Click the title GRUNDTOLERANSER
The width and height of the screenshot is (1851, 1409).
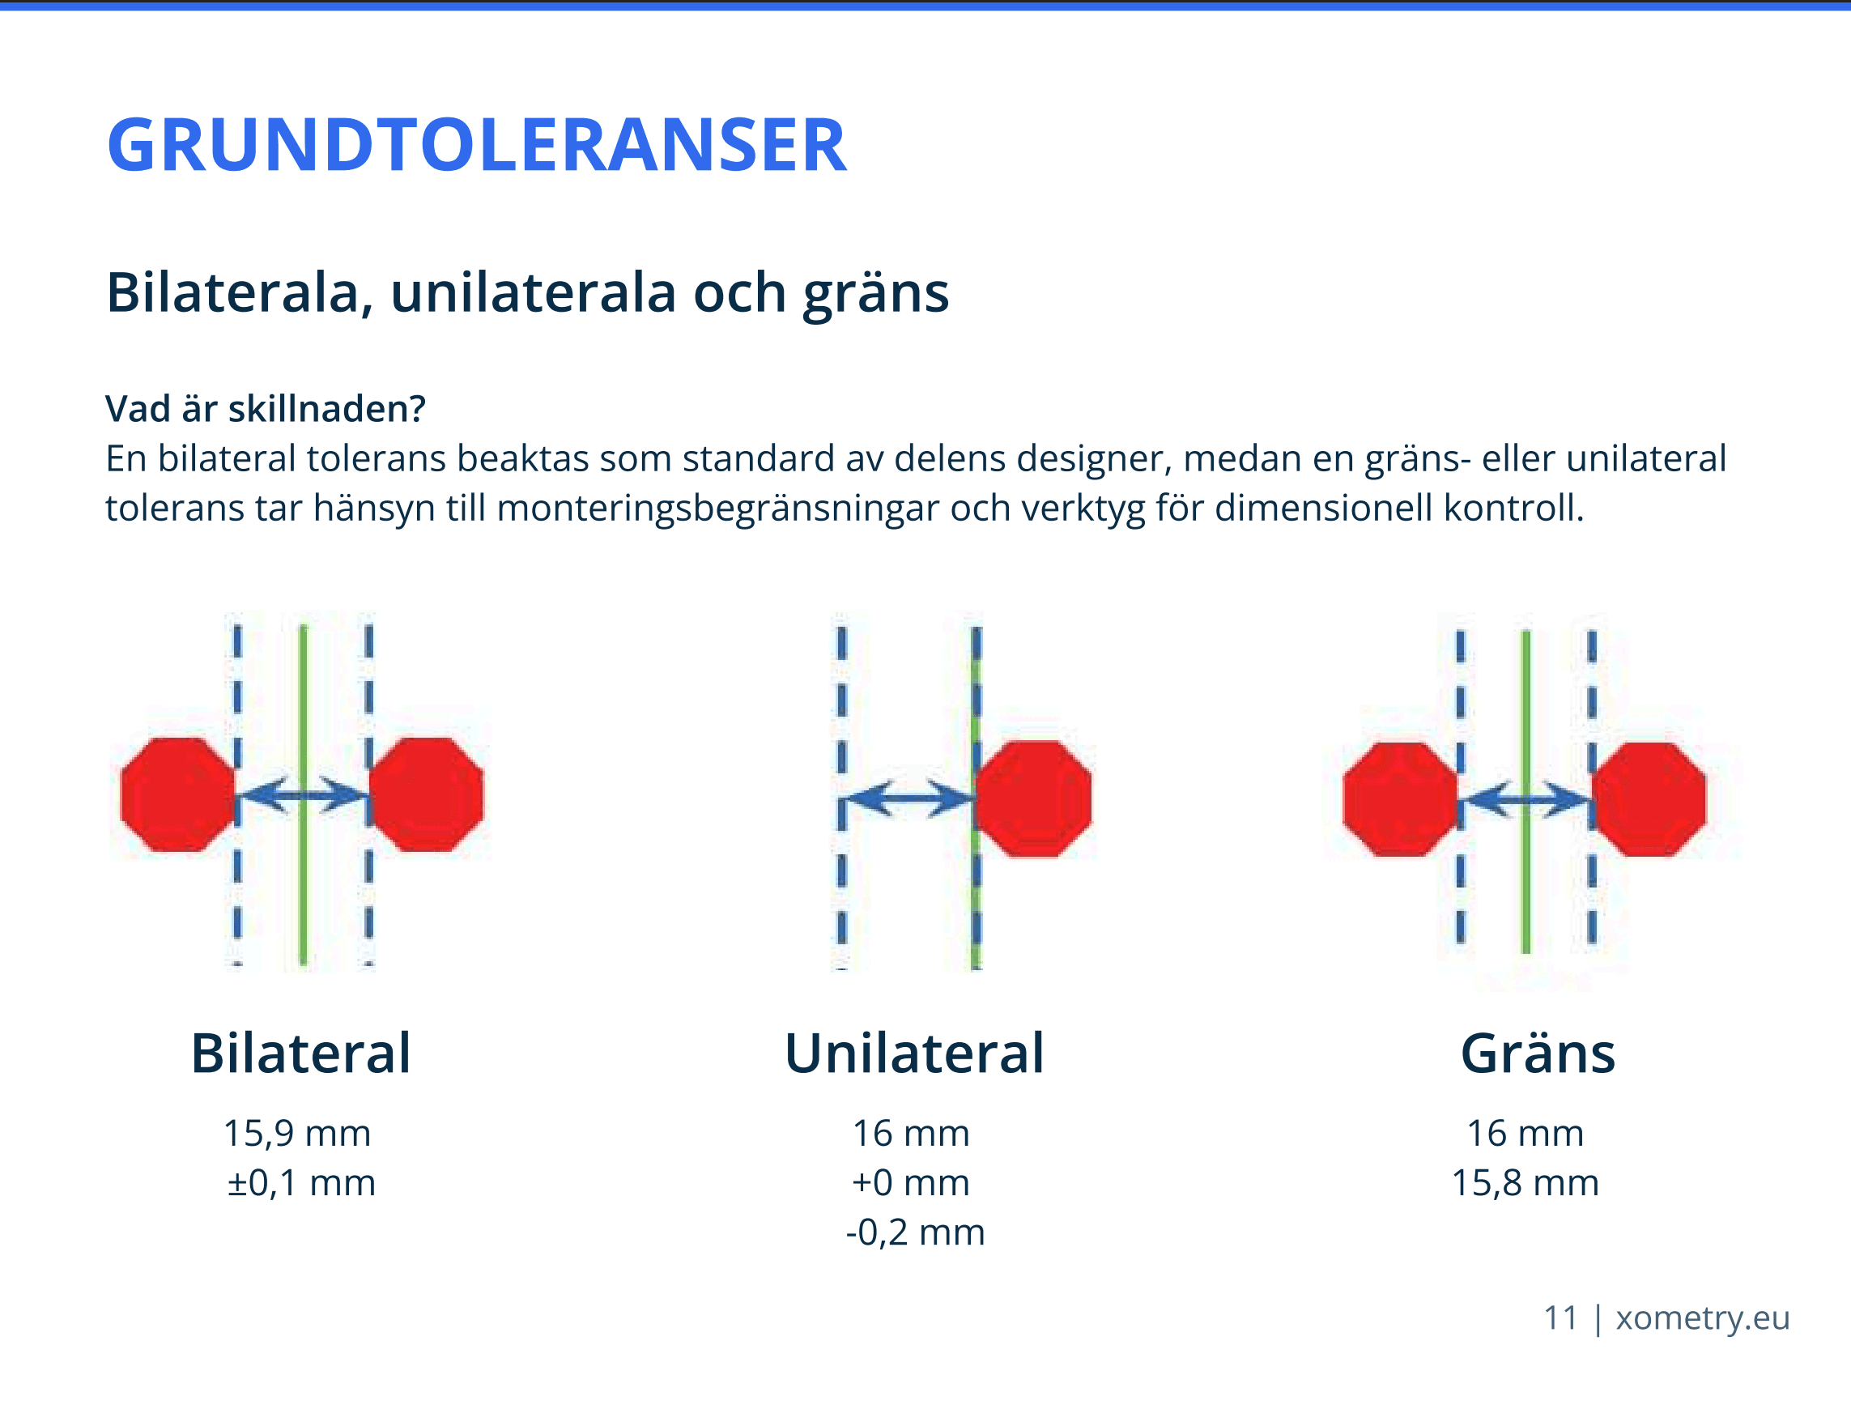pyautogui.click(x=476, y=145)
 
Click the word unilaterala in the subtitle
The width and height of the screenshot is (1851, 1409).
pyautogui.click(x=534, y=292)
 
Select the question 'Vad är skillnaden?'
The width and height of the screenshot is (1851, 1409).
pyautogui.click(x=266, y=409)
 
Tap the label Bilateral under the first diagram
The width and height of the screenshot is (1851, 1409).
pyautogui.click(x=301, y=1053)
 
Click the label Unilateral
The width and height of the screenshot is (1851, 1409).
pyautogui.click(x=914, y=1053)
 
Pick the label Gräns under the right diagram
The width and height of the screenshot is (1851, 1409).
pyautogui.click(x=1538, y=1053)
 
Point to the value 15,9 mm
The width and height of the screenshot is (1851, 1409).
pyautogui.click(x=297, y=1133)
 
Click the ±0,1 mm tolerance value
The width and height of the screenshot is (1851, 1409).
pyautogui.click(x=301, y=1182)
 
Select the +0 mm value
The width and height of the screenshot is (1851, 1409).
pyautogui.click(x=911, y=1182)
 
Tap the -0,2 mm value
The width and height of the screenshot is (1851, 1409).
pyautogui.click(x=915, y=1232)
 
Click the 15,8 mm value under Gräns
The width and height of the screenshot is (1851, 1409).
pyautogui.click(x=1525, y=1182)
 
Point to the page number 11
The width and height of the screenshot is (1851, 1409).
pyautogui.click(x=1561, y=1317)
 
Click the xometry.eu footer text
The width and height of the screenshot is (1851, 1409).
pyautogui.click(x=1703, y=1318)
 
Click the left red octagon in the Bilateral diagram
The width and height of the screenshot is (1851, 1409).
pyautogui.click(x=178, y=795)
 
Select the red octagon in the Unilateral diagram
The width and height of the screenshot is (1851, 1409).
pyautogui.click(x=1033, y=799)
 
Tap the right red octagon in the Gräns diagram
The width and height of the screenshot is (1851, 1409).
pyautogui.click(x=1649, y=799)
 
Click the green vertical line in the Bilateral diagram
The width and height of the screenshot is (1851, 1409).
pyautogui.click(x=304, y=794)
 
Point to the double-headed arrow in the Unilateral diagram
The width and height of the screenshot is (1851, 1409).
pyautogui.click(x=908, y=798)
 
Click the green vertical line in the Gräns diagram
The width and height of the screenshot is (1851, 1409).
pyautogui.click(x=1526, y=793)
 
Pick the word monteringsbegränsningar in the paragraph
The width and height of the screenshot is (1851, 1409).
pyautogui.click(x=718, y=509)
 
